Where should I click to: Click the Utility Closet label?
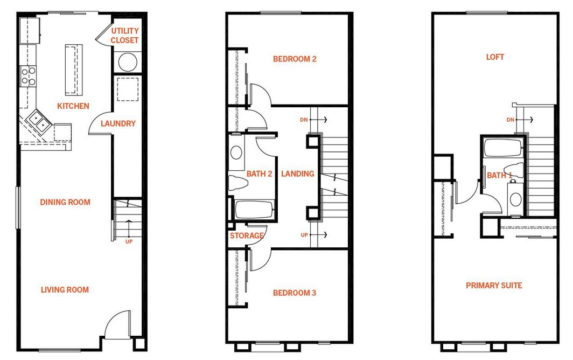[x=124, y=36]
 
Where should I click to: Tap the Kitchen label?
[x=73, y=106]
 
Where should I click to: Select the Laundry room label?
[x=118, y=123]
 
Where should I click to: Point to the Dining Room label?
[x=65, y=202]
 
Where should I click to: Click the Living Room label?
[x=65, y=290]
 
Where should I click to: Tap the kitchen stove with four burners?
[x=28, y=76]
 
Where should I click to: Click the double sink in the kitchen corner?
[x=39, y=121]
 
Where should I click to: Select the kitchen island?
[x=74, y=70]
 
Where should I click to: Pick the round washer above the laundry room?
[x=128, y=62]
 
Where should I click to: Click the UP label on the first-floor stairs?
[x=129, y=241]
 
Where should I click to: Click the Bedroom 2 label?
[x=295, y=59]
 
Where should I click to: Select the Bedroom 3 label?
[x=295, y=293]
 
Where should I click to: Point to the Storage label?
[x=247, y=236]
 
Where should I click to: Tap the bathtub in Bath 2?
[x=254, y=210]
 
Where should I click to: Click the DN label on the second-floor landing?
[x=304, y=120]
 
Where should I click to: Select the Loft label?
[x=495, y=57]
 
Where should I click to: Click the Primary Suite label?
[x=494, y=286]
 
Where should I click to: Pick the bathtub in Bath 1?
[x=503, y=148]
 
